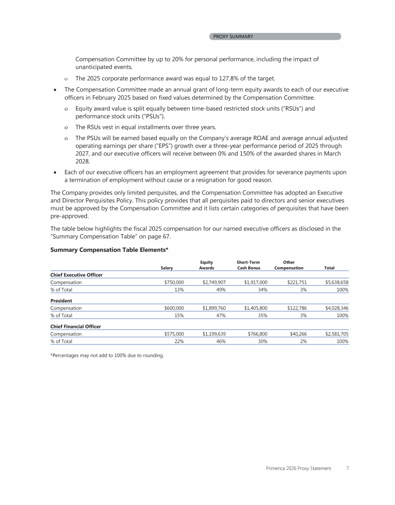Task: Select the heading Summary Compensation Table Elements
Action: pyautogui.click(x=110, y=250)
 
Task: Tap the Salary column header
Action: pyautogui.click(x=167, y=268)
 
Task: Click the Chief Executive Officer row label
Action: pyautogui.click(x=76, y=275)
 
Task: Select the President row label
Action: pyautogui.click(x=61, y=300)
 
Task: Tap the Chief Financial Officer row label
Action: pyautogui.click(x=75, y=326)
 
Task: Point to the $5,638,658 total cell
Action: pyautogui.click(x=337, y=283)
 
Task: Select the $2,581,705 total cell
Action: pyautogui.click(x=337, y=334)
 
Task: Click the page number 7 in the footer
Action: pyautogui.click(x=348, y=469)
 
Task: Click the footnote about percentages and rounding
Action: pyautogui.click(x=106, y=355)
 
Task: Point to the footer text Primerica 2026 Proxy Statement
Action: pyautogui.click(x=298, y=469)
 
